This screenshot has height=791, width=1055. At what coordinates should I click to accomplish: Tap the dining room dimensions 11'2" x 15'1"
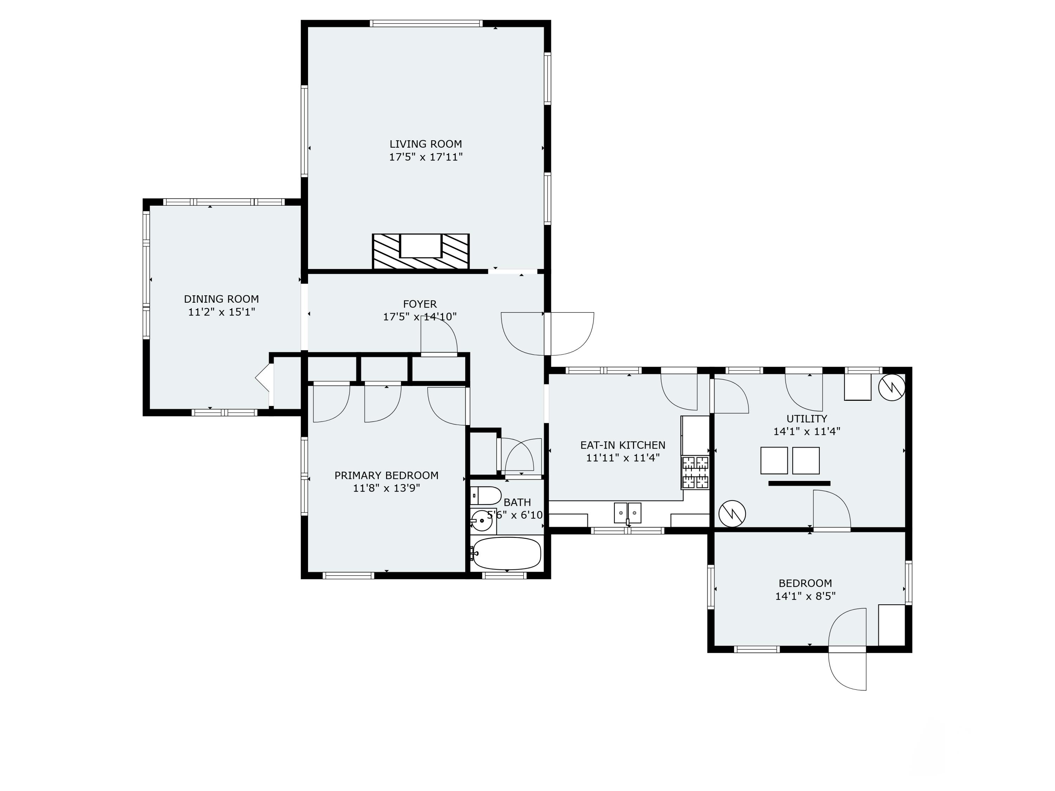(x=222, y=312)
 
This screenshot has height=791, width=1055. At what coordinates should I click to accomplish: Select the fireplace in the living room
(x=421, y=252)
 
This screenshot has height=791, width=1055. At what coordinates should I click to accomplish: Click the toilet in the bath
(x=486, y=495)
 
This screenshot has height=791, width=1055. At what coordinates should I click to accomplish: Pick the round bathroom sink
(x=482, y=521)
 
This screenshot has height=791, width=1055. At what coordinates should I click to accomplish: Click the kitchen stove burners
(x=695, y=472)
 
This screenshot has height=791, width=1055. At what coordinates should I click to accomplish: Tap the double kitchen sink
(x=627, y=513)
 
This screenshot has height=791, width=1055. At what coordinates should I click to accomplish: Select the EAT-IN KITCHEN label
(x=622, y=445)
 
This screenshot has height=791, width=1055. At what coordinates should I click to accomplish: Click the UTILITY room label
(x=806, y=419)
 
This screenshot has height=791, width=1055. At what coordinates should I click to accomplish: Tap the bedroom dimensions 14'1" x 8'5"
(x=805, y=596)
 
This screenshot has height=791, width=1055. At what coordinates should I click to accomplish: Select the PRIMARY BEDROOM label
(x=386, y=475)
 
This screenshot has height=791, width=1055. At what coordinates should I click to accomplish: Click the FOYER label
(x=420, y=304)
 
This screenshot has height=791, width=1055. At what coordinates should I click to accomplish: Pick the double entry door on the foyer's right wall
(x=548, y=334)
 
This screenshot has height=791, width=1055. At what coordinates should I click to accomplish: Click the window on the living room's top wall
(x=426, y=23)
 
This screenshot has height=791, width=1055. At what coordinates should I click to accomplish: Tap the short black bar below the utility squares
(x=799, y=483)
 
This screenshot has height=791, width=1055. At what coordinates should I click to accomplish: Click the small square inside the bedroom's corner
(x=891, y=625)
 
